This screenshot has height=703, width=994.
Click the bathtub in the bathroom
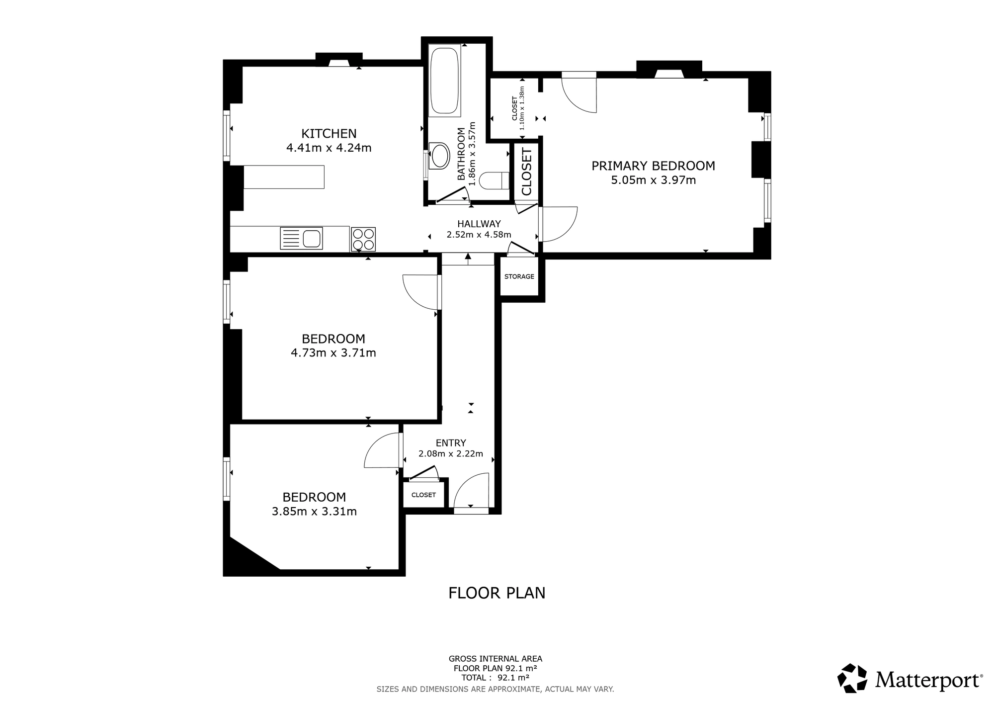click(x=444, y=81)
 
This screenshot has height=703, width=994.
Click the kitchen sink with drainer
click(x=301, y=238)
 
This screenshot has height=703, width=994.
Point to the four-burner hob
click(x=363, y=239)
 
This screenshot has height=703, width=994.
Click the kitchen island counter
click(x=284, y=177)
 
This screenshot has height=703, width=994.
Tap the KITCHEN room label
click(x=329, y=134)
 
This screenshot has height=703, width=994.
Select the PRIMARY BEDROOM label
click(x=653, y=166)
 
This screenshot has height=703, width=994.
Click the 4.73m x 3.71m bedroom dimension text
click(x=333, y=353)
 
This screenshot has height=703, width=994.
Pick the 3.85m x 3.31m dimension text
click(x=314, y=511)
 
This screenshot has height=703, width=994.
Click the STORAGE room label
click(x=519, y=276)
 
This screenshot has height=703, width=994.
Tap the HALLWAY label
click(x=479, y=224)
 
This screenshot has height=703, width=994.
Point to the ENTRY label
click(x=451, y=443)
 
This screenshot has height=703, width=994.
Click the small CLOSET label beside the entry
click(x=423, y=495)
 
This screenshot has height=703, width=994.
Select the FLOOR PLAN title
click(x=497, y=593)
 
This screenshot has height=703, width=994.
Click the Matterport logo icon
click(x=853, y=678)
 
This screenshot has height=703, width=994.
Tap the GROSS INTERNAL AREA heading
click(x=496, y=659)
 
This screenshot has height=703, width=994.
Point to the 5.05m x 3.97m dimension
click(x=653, y=180)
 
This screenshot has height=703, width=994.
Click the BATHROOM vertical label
click(x=461, y=154)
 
